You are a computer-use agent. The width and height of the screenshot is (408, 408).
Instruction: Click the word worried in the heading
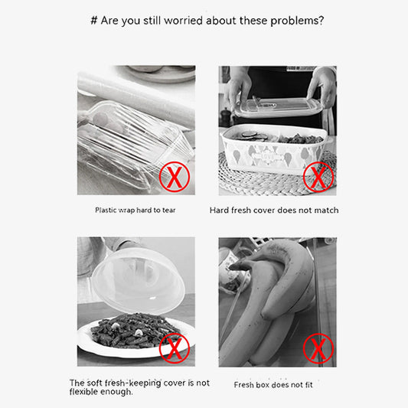coord(183,21)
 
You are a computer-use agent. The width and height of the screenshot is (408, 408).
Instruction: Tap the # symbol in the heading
coord(94,21)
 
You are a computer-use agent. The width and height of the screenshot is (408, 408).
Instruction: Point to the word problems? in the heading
coord(297,21)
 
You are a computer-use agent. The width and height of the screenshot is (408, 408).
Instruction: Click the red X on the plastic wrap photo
coord(175,177)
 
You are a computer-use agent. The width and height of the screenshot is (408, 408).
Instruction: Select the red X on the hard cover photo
coord(318,177)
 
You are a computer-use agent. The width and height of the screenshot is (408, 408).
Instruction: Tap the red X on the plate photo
coord(175,348)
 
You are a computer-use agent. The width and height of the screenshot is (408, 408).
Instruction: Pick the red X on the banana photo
coord(318,348)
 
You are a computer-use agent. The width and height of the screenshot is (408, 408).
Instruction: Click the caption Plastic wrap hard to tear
coord(135,211)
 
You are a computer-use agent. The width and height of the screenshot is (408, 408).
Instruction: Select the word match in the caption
coord(326,211)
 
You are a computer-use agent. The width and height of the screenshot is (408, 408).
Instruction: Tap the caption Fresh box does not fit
coord(273,385)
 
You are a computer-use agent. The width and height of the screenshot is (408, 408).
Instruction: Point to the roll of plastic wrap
coord(136,99)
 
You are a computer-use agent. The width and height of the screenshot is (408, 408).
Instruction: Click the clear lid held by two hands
coord(278,106)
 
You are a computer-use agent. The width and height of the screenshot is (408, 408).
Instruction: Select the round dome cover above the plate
coord(139,282)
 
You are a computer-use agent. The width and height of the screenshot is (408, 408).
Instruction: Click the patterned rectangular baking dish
coord(273,149)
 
